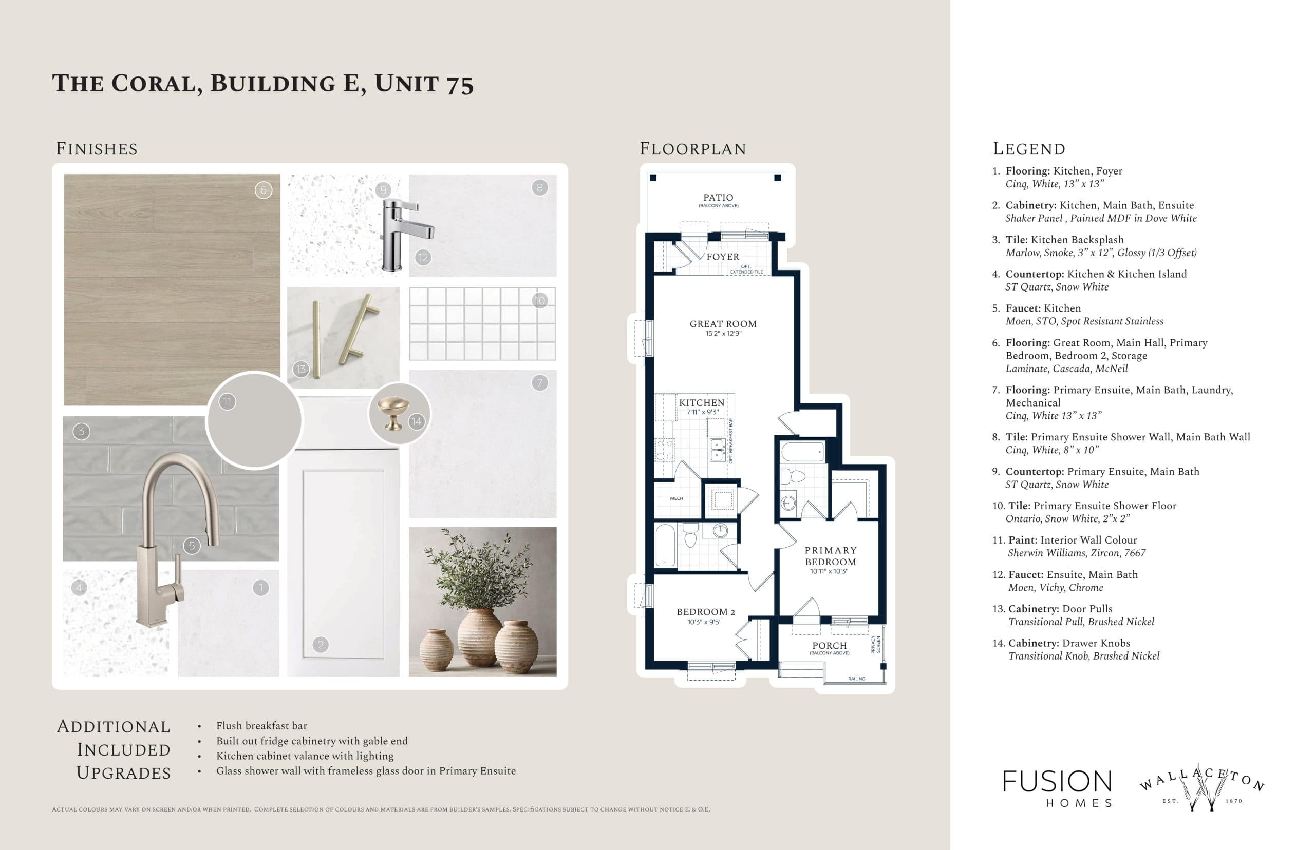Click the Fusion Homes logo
click(1057, 788)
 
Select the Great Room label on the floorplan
click(722, 324)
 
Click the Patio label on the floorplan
click(718, 198)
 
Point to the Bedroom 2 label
click(705, 612)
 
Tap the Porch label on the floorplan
click(829, 646)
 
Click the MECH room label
click(676, 498)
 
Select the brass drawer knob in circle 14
click(392, 412)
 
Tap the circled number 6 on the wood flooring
click(264, 190)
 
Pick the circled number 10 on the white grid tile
click(539, 301)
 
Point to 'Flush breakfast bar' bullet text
click(261, 726)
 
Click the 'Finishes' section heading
click(97, 149)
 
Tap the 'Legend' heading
click(1028, 149)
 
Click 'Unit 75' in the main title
click(424, 84)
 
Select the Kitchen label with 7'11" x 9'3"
click(701, 403)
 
